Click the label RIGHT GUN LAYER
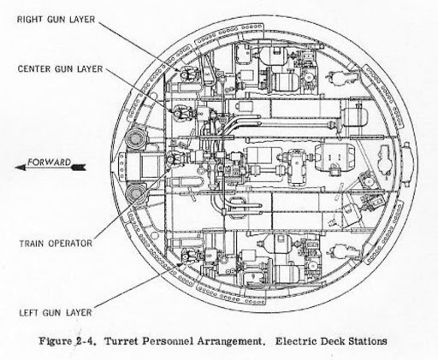56,20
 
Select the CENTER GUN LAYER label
60,69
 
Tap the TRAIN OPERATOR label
56,244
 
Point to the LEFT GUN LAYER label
56,313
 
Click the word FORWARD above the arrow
49,162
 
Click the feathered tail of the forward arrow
79,168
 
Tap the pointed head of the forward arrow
20,168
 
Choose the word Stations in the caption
367,341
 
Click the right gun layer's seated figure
186,74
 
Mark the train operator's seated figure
174,159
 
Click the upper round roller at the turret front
136,139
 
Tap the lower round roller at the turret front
136,194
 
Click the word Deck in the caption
331,341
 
